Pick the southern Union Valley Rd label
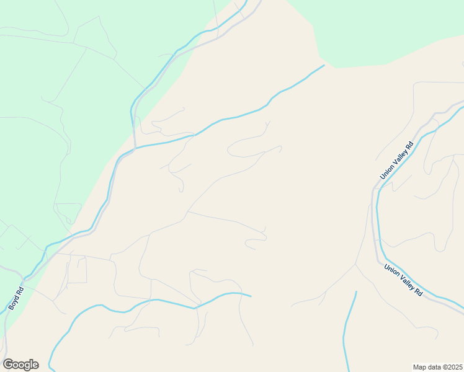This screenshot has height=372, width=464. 403,281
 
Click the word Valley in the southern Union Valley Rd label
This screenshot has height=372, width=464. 404,281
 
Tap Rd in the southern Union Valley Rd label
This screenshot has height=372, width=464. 419,291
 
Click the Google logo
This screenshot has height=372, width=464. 20,365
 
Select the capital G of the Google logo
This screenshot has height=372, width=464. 7,365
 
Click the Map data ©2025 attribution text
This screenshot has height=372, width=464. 437,366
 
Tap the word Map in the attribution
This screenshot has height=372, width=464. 419,366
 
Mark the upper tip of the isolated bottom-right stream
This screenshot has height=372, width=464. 357,291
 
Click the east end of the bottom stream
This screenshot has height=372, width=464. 251,296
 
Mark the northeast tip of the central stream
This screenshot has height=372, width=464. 324,65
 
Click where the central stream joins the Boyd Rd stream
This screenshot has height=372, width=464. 135,148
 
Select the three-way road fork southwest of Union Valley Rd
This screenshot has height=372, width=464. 355,265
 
